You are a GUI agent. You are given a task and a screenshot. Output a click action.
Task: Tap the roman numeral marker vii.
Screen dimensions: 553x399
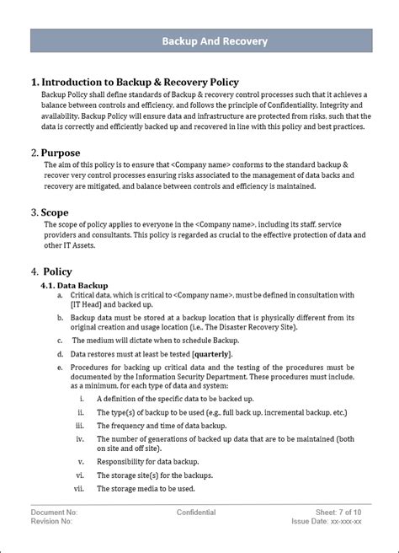click(x=80, y=488)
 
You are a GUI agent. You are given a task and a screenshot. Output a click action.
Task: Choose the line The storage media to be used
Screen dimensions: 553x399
click(x=146, y=488)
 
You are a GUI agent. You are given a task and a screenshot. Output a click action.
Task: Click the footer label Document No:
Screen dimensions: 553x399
click(x=55, y=512)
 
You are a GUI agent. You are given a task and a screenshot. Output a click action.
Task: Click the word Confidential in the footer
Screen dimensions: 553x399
click(x=196, y=512)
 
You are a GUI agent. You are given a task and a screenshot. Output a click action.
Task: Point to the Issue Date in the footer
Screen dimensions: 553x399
click(x=334, y=522)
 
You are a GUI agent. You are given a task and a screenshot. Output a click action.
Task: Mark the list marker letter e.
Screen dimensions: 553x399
click(x=60, y=368)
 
